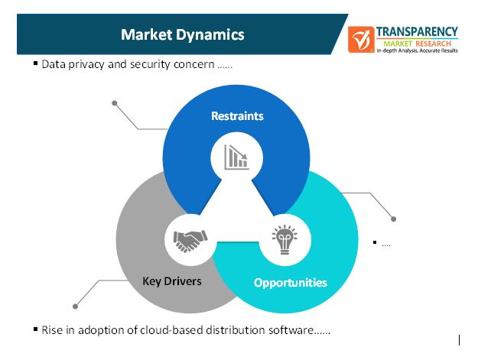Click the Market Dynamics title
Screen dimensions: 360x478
click(183, 34)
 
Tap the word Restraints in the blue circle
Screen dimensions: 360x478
click(237, 116)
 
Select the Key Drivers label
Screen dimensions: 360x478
click(172, 281)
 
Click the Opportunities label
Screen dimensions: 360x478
click(290, 282)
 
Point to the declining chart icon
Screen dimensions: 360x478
click(236, 157)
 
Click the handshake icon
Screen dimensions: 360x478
click(187, 241)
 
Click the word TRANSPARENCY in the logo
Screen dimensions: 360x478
click(417, 32)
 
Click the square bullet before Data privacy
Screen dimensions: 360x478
click(35, 63)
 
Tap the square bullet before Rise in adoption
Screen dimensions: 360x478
click(35, 329)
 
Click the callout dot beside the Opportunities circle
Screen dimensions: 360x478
click(394, 219)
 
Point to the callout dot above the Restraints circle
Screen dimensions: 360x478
click(115, 102)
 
